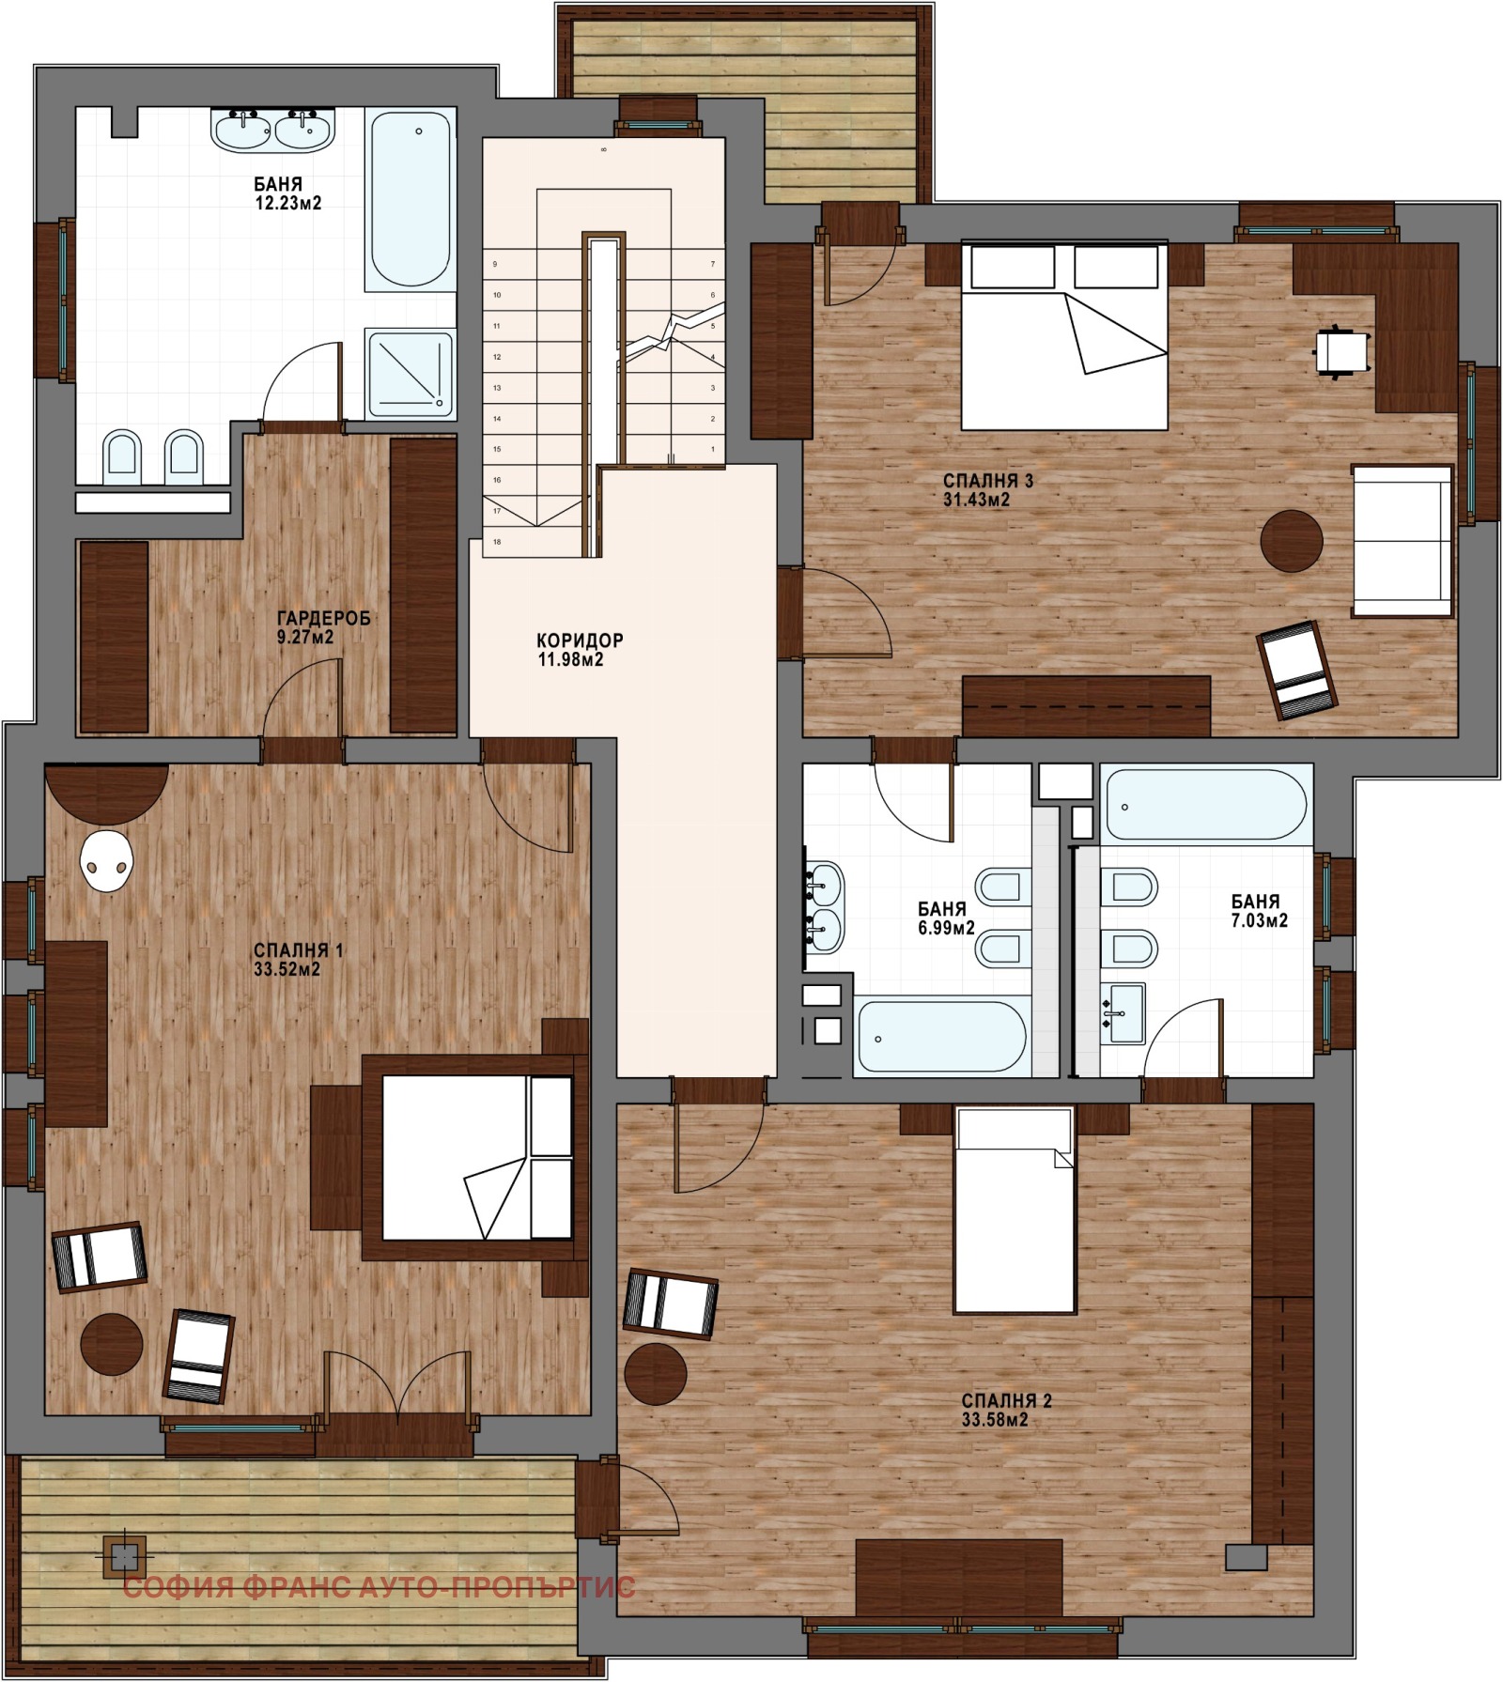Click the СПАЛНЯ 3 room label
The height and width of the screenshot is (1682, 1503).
pyautogui.click(x=988, y=482)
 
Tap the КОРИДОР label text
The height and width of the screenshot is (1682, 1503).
pyautogui.click(x=580, y=640)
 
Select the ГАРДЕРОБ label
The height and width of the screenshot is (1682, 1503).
pyautogui.click(x=323, y=618)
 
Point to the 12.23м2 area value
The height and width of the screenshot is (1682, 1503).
pyautogui.click(x=288, y=203)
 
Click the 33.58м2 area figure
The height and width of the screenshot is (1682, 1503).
pyautogui.click(x=995, y=1420)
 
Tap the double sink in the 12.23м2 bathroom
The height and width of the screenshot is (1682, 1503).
pyautogui.click(x=273, y=130)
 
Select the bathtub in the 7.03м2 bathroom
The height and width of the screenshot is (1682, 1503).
pyautogui.click(x=1205, y=805)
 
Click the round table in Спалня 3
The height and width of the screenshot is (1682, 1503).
pyautogui.click(x=1292, y=541)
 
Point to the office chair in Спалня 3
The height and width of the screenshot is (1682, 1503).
pyautogui.click(x=1340, y=351)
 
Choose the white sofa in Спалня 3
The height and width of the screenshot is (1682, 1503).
pyautogui.click(x=1402, y=540)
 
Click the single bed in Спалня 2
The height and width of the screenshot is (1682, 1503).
pyautogui.click(x=1015, y=1210)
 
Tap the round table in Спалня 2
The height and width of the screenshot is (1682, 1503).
pyautogui.click(x=656, y=1373)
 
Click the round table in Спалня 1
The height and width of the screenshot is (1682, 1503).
pyautogui.click(x=112, y=1344)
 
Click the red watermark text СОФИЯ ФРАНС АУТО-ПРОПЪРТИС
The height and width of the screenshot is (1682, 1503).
pyautogui.click(x=380, y=1587)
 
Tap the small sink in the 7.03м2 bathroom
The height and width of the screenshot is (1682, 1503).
pyautogui.click(x=1122, y=1012)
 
